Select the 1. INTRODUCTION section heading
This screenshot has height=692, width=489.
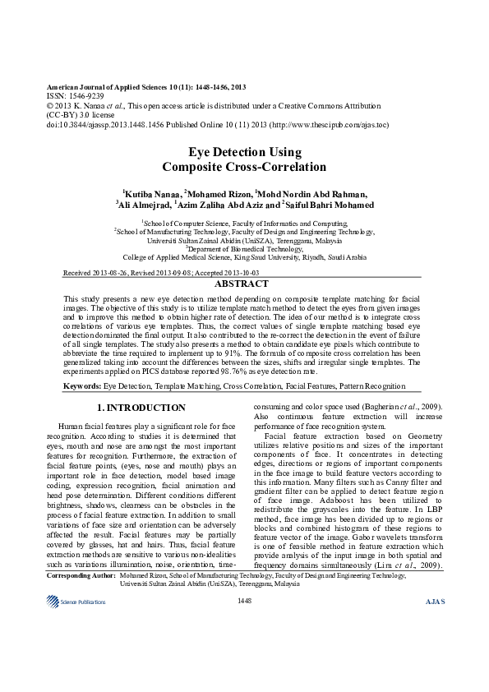141,408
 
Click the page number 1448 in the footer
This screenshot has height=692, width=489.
244,602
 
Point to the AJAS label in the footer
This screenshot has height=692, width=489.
435,602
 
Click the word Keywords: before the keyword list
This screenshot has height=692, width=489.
82,385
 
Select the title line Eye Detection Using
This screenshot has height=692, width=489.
244,152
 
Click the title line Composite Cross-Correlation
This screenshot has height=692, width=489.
244,167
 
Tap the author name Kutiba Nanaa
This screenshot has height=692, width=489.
151,193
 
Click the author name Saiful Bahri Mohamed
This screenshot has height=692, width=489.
329,205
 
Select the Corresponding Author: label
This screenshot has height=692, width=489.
81,577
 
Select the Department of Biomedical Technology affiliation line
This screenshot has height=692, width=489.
244,247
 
